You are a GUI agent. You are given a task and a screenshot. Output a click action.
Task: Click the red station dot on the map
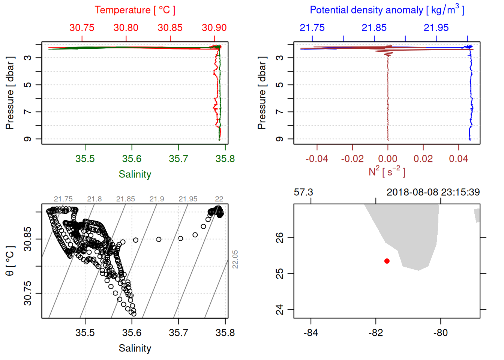[387, 261]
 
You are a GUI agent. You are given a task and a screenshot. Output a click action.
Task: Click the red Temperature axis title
[135, 10]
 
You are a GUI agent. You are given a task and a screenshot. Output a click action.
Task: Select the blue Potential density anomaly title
[387, 10]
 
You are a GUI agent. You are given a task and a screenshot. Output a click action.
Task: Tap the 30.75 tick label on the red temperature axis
[82, 28]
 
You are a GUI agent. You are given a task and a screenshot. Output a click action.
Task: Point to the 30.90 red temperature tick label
[214, 28]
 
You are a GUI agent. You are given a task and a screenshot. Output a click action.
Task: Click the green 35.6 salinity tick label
[132, 159]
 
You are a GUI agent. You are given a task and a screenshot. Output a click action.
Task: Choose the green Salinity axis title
[135, 174]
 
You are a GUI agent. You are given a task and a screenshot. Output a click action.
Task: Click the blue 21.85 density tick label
[374, 28]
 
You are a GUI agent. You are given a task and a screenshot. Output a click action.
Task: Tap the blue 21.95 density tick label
[436, 28]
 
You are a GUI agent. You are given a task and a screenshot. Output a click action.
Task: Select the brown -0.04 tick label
[316, 159]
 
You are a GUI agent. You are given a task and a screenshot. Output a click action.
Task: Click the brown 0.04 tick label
[458, 159]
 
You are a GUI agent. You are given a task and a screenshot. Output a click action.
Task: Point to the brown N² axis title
[387, 172]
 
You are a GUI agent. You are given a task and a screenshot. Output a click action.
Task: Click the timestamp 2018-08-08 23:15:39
[433, 192]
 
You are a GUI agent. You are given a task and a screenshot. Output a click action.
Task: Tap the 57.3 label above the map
[303, 192]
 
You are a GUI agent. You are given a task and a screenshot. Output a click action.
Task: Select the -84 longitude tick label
[311, 333]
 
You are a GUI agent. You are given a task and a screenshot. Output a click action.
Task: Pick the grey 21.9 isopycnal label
[157, 199]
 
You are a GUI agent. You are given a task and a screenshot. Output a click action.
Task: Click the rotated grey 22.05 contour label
[235, 259]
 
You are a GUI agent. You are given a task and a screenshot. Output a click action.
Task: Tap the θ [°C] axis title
[10, 261]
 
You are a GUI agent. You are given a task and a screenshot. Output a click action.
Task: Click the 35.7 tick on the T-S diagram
[178, 333]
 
